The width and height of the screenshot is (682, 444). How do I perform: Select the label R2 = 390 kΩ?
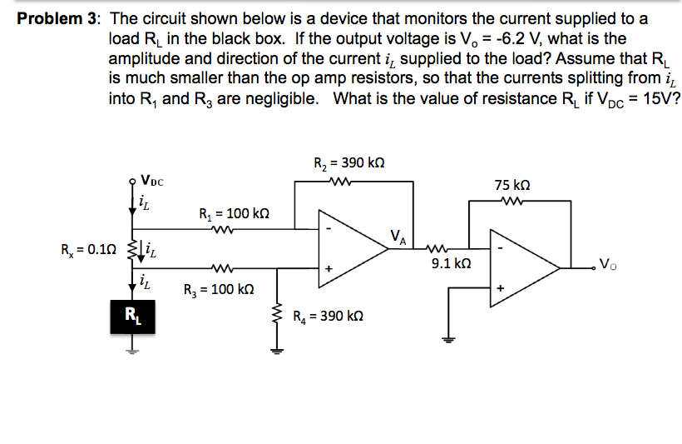pos(348,162)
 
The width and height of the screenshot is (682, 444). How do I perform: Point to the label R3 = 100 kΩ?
pos(218,290)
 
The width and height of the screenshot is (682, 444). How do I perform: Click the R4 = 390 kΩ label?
pos(329,317)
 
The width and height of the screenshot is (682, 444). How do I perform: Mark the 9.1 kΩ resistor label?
pos(452,263)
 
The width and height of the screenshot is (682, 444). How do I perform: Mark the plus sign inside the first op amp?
pos(329,269)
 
